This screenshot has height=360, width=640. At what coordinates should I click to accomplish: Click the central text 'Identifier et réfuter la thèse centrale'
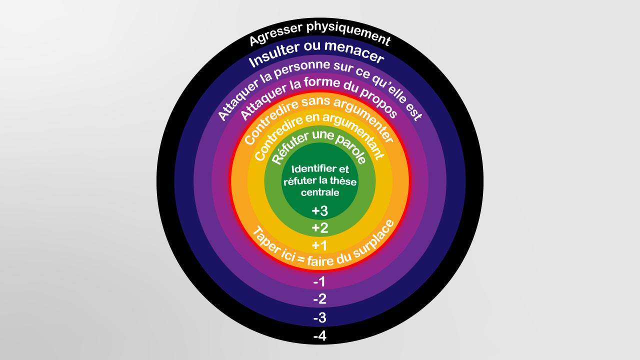tap(320, 180)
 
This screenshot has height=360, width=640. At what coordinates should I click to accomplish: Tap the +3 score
tap(319, 211)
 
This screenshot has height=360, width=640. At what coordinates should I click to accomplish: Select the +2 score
tap(319, 228)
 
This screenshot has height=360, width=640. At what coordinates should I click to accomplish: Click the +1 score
tap(319, 245)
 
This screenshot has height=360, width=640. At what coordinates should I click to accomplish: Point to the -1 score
tap(319, 281)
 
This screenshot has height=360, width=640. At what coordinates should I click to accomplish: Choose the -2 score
tap(319, 299)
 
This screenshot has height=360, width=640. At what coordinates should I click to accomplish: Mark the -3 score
tap(319, 317)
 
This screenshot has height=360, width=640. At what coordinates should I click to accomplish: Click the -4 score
tap(319, 336)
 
